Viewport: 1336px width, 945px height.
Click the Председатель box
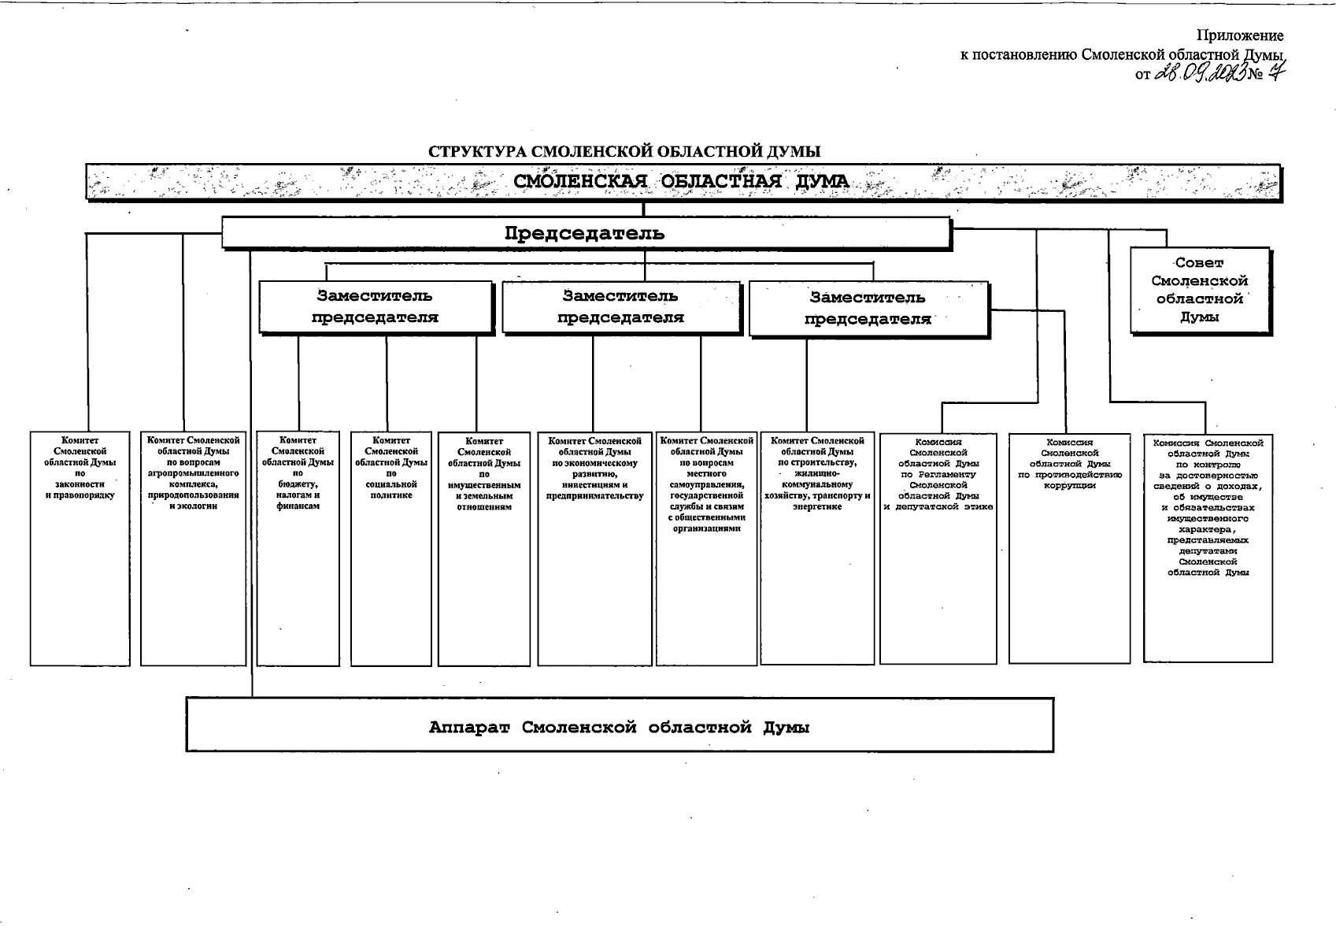(x=586, y=234)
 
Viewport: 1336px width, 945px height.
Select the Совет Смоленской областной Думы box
(x=1199, y=290)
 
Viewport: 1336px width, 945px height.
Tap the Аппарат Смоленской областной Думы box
(x=619, y=725)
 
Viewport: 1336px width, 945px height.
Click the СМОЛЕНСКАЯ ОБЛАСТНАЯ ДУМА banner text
(x=682, y=182)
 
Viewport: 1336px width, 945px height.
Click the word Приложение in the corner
(x=1240, y=35)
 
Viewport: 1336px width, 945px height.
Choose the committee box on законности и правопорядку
(x=80, y=548)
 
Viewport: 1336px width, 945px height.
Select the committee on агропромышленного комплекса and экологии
(x=193, y=548)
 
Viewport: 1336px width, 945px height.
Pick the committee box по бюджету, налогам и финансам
(x=298, y=548)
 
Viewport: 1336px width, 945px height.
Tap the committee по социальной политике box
(x=391, y=548)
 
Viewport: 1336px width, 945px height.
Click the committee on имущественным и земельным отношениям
(x=483, y=548)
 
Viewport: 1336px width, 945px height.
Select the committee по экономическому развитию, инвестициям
(x=595, y=548)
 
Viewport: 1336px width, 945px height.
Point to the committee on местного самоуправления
(x=706, y=548)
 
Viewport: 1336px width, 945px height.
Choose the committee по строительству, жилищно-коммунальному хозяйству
(x=817, y=548)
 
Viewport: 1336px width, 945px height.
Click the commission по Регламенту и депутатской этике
(x=938, y=548)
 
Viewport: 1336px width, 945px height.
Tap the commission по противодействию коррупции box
(x=1069, y=548)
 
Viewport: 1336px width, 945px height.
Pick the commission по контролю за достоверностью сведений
(x=1208, y=548)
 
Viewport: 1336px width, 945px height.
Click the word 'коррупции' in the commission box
(x=1069, y=486)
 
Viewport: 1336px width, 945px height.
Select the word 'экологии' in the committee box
(x=193, y=506)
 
